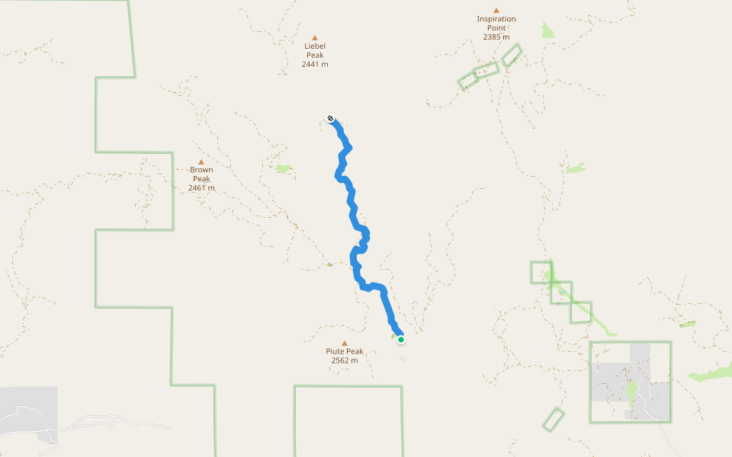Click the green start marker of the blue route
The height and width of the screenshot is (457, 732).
400,340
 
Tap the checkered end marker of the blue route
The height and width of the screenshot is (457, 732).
330,118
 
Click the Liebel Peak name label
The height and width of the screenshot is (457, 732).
315,50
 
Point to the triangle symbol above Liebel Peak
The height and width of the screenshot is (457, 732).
315,37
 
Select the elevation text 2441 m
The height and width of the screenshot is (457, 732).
315,65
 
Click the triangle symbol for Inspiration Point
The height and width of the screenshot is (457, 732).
496,11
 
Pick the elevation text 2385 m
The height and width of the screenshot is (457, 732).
496,37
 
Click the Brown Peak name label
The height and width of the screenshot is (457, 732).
201,174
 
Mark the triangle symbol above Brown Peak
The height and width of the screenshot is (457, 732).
201,161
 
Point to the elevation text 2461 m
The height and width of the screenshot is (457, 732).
201,188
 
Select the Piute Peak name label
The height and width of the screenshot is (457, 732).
345,351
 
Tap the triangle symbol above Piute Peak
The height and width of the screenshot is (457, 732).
345,343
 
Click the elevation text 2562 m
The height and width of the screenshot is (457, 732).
345,360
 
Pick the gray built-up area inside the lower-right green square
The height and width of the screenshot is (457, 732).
610,377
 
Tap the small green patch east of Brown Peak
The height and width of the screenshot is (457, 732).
284,168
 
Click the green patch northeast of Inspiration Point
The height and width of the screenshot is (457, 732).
547,30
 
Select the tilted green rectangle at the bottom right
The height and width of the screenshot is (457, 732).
554,419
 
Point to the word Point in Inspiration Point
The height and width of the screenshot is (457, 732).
496,28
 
